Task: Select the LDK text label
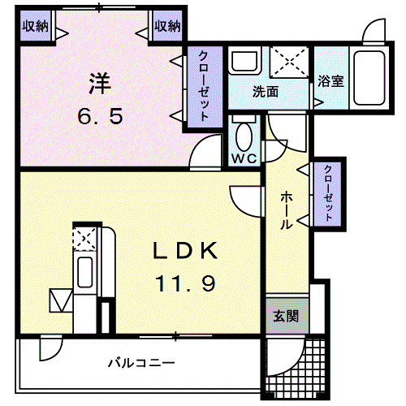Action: [184, 252]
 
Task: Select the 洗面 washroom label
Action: [265, 92]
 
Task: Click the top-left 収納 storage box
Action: [35, 26]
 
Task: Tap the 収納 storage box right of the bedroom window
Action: [167, 26]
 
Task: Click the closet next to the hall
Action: [327, 193]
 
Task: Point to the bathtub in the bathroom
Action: [371, 77]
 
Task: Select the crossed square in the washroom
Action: [288, 61]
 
